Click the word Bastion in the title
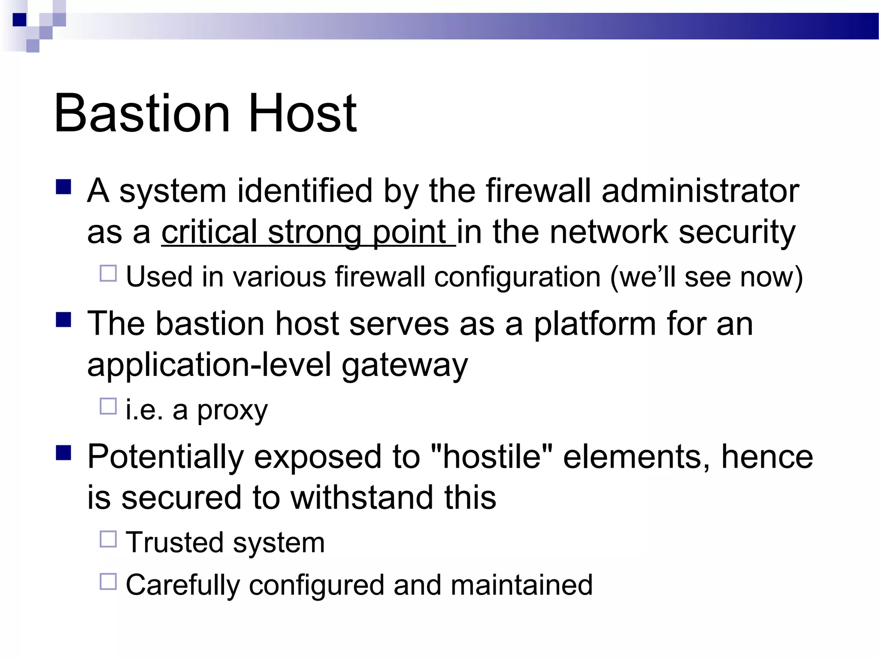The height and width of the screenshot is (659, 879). (142, 114)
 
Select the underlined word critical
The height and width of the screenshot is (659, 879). (209, 232)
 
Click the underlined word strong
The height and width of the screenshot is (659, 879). (315, 232)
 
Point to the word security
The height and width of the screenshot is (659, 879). (737, 232)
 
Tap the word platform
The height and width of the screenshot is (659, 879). (594, 324)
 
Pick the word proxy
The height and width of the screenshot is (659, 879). (232, 411)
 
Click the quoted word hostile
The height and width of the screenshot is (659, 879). (491, 456)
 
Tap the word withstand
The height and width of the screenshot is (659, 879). (361, 498)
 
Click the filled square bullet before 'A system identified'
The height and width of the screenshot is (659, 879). (64, 187)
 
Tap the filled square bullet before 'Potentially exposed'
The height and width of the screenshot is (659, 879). (64, 453)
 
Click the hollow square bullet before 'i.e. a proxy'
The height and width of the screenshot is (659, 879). (108, 406)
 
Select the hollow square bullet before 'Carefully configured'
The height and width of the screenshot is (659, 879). (108, 582)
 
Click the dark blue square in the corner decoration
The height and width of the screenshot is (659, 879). (20, 20)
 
